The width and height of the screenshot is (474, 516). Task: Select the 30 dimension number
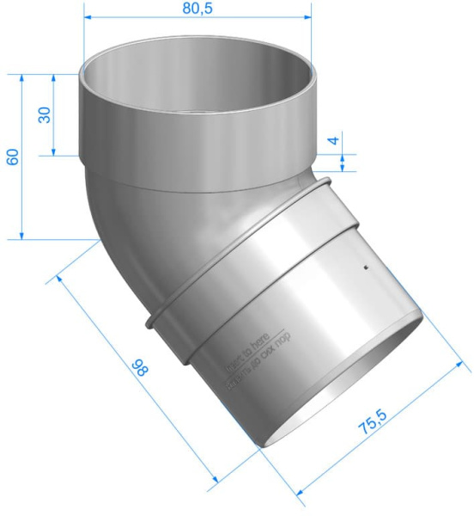click(x=43, y=114)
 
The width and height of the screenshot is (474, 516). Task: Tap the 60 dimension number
click(x=11, y=157)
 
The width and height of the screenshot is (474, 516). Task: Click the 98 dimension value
click(x=137, y=369)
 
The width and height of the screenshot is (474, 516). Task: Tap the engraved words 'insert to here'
click(x=245, y=350)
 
